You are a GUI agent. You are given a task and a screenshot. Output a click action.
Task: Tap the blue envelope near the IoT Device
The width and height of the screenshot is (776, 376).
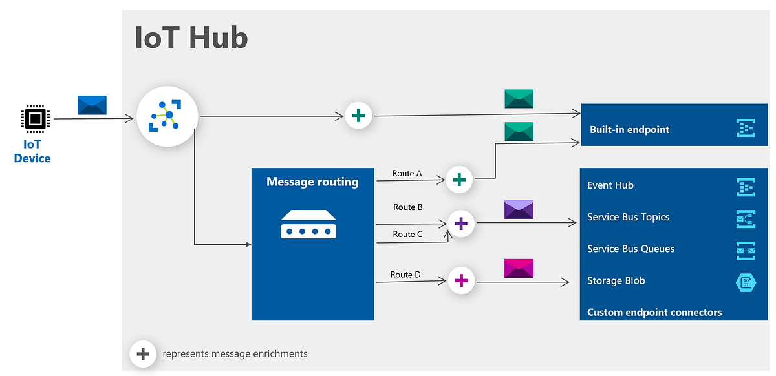click(92, 105)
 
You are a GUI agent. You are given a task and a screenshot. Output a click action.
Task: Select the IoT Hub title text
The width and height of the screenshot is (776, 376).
click(191, 37)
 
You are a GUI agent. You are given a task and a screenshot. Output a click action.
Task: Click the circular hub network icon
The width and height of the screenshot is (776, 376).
click(168, 116)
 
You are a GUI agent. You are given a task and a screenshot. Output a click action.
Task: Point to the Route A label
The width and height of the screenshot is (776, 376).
click(407, 173)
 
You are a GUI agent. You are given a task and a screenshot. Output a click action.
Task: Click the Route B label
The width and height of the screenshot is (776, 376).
click(407, 207)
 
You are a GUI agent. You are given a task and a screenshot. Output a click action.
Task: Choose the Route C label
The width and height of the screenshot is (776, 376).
click(407, 234)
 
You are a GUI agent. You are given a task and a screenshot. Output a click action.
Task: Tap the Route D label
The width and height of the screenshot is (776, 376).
click(405, 275)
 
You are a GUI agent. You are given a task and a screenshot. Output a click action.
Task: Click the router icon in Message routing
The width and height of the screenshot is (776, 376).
click(308, 224)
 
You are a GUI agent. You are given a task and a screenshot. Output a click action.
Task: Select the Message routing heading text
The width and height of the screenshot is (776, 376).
click(312, 182)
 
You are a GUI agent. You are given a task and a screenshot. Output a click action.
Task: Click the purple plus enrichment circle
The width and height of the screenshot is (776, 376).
click(461, 224)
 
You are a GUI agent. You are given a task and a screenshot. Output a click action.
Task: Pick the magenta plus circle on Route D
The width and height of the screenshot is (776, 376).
click(461, 281)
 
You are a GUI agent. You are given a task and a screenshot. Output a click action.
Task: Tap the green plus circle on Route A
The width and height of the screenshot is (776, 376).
click(459, 179)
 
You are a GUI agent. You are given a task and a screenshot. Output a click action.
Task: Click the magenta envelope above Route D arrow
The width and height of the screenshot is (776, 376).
click(519, 268)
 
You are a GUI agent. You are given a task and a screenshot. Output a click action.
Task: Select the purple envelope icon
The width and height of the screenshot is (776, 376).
click(519, 210)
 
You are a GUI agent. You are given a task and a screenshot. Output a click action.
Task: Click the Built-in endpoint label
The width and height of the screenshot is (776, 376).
click(629, 129)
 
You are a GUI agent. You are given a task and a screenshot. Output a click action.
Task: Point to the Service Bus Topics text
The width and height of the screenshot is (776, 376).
click(628, 217)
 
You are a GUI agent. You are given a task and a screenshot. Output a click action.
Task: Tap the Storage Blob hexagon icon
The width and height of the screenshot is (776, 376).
click(746, 282)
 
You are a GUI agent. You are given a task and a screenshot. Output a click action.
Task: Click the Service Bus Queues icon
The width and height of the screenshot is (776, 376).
click(746, 250)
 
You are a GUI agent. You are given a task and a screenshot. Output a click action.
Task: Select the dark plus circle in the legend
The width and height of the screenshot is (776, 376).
click(143, 354)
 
